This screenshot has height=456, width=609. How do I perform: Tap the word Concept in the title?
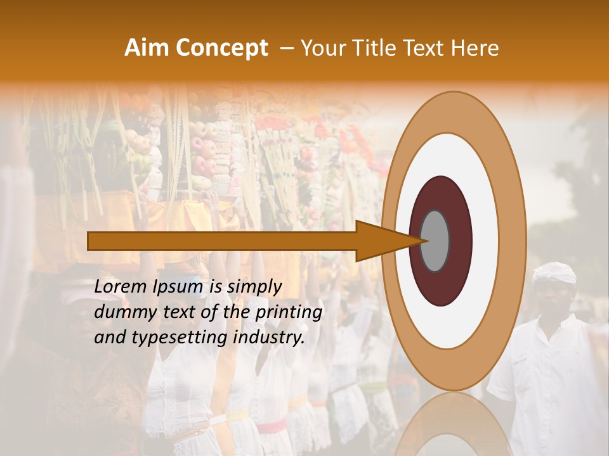tap(221, 48)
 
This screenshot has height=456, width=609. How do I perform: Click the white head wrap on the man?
tap(554, 273)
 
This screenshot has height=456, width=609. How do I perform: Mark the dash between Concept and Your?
tap(286, 48)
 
